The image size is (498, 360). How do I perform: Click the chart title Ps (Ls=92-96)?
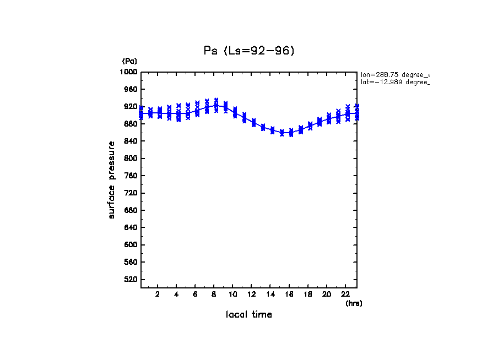tap(249, 51)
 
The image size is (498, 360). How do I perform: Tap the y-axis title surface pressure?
tap(112, 179)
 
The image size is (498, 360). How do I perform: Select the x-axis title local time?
tap(248, 314)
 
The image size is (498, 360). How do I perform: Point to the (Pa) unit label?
tap(129, 61)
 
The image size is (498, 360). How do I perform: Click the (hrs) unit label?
tap(354, 303)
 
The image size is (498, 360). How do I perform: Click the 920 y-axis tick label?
tap(131, 107)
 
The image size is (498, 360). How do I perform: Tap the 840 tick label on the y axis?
tap(131, 141)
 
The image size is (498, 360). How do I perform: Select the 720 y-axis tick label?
tap(131, 193)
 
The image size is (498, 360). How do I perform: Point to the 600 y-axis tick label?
tap(131, 245)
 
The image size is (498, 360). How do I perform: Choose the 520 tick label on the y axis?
tap(131, 280)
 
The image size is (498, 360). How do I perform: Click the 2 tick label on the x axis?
tap(158, 294)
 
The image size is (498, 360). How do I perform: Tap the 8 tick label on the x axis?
tap(214, 294)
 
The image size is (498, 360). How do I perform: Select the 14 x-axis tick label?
tap(270, 294)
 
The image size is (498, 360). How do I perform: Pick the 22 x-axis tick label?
tap(345, 294)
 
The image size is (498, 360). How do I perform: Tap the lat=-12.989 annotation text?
tap(394, 82)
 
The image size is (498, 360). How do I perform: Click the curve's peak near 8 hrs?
tap(216, 105)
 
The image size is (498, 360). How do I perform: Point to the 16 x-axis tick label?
tap(289, 294)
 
